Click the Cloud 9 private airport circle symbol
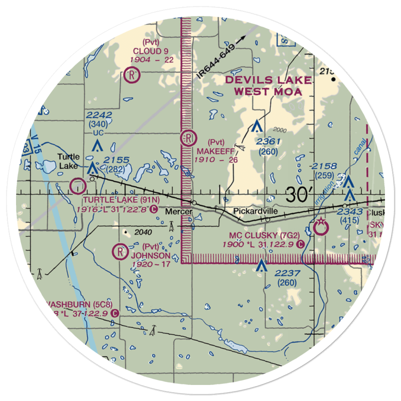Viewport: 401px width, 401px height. point(131,75)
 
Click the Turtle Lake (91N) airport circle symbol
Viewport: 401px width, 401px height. point(77,186)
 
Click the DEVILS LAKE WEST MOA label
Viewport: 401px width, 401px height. point(268,85)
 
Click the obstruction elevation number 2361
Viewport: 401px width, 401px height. point(268,142)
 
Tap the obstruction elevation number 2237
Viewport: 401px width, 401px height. point(287,273)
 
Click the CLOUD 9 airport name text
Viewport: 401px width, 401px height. point(150,51)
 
